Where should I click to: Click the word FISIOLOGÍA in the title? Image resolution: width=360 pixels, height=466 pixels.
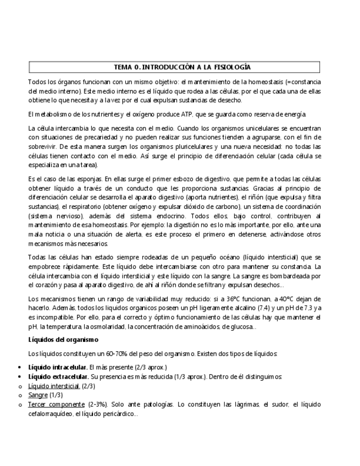(230, 67)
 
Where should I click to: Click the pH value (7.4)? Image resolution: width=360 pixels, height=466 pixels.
(251, 308)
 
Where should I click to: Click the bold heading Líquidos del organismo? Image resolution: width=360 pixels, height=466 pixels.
(63, 340)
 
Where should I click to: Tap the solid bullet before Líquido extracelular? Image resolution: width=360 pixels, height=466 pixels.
(20, 376)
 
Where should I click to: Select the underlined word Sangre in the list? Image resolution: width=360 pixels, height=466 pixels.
(38, 395)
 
